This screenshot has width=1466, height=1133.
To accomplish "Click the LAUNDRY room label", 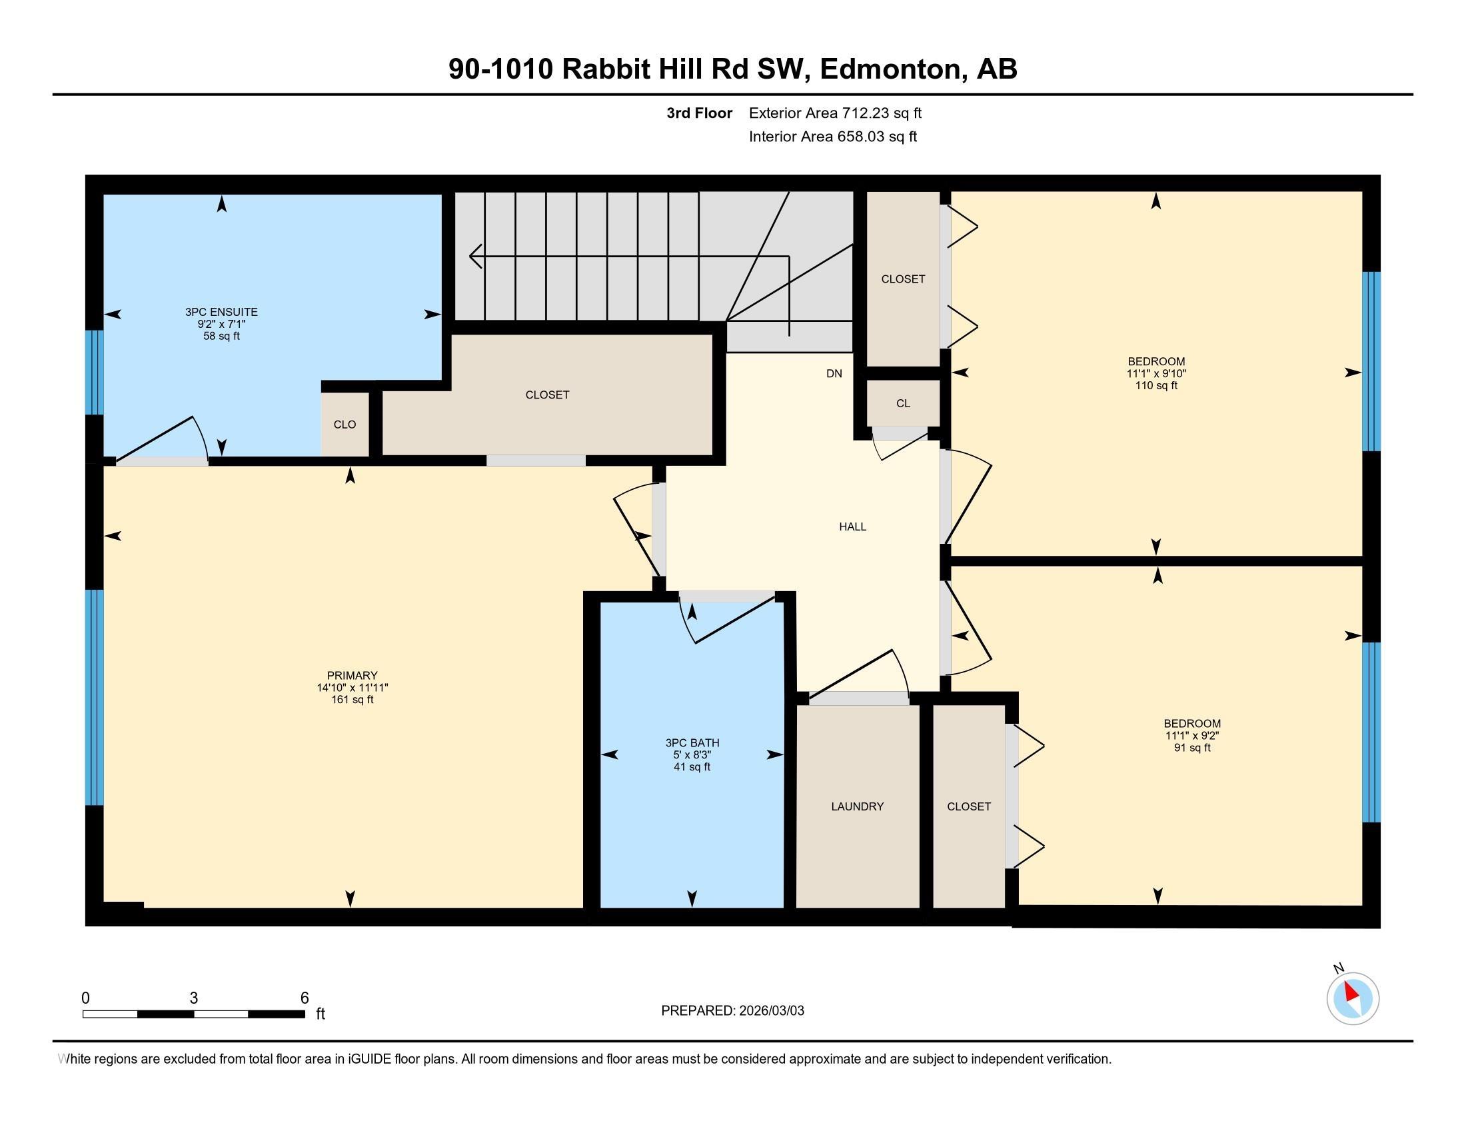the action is tap(857, 806).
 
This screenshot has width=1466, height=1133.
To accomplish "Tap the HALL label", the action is tap(852, 527).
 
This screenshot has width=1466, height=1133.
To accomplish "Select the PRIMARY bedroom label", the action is tap(353, 675).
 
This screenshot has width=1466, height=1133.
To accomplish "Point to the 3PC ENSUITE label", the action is tap(221, 312).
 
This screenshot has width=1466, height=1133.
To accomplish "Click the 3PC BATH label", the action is tap(692, 743).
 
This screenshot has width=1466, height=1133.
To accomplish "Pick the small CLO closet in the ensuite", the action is tap(345, 424).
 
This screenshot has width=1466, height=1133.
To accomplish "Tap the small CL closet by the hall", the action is tap(903, 403).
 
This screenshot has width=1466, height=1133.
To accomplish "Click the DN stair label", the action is tap(834, 374).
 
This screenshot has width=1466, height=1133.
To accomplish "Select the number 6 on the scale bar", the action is tap(304, 998).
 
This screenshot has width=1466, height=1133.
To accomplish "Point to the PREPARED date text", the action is tap(732, 1011).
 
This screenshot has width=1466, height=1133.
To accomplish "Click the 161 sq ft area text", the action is tap(353, 699).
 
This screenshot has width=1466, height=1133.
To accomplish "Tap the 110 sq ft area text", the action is tap(1156, 385).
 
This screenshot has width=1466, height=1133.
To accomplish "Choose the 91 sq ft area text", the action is tap(1192, 748).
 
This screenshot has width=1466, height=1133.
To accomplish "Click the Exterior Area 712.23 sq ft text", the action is tap(835, 113).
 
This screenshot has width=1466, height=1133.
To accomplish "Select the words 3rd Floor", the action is tap(699, 113).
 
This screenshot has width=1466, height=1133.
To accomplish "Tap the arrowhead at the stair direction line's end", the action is tap(474, 257).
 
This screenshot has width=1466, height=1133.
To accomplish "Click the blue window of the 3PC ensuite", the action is tap(95, 373).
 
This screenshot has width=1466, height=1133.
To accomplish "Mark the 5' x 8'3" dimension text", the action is tap(692, 755).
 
